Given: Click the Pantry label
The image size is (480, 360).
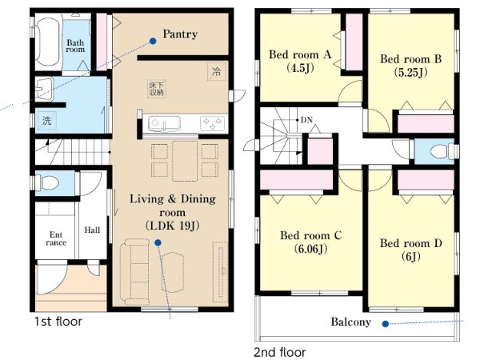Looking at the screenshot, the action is (x=180, y=34).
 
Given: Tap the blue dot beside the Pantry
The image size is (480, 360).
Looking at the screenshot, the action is (x=153, y=41).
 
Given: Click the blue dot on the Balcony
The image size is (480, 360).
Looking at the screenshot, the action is (x=386, y=323).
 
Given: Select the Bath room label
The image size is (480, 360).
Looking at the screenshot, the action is (x=75, y=46).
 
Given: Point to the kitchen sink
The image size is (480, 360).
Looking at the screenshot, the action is (x=164, y=123).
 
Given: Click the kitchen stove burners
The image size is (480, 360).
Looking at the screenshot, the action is (x=212, y=123).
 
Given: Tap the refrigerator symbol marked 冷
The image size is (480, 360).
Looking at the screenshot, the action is (x=217, y=72).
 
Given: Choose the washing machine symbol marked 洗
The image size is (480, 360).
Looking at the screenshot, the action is (x=47, y=121).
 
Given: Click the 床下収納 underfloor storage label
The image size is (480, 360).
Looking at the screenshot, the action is (x=157, y=89).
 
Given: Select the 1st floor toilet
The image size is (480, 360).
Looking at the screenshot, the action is (x=48, y=183).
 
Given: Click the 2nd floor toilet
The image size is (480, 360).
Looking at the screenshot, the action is (x=441, y=151).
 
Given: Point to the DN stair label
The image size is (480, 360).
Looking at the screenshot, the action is (x=306, y=120).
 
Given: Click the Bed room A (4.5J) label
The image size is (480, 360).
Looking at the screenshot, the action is (x=300, y=61).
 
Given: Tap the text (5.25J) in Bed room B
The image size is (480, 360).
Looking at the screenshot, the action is (x=410, y=73).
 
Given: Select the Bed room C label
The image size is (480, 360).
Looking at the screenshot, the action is (x=310, y=235).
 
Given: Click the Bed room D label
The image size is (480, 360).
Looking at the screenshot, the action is (x=411, y=243).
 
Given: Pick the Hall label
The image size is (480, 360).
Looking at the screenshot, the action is (x=92, y=230).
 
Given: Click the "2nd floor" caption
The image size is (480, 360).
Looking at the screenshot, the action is (x=279, y=352).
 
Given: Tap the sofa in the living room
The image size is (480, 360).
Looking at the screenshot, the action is (x=135, y=271).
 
